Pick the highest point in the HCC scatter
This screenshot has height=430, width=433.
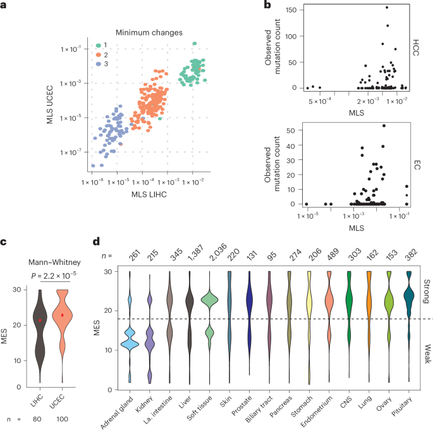(x=386, y=8)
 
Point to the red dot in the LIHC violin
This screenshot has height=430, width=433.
(x=40, y=321)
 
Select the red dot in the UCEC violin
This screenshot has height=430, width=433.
(x=63, y=315)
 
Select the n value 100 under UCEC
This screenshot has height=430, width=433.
(x=63, y=418)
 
